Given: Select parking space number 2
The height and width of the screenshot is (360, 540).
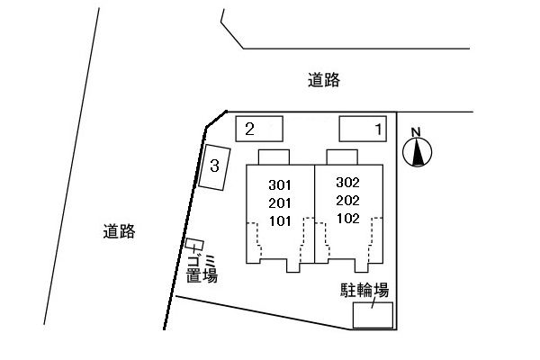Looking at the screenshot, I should click(x=259, y=129).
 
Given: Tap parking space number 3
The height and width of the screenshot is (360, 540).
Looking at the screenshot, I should click(x=214, y=166).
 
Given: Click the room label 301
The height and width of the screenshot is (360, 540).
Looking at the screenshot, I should click(x=281, y=184).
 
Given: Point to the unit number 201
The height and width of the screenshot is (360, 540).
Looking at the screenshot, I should click(x=281, y=202).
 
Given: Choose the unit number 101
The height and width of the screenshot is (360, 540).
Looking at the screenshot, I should click(x=281, y=219).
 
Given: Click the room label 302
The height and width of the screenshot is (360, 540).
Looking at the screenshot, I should click(x=347, y=183).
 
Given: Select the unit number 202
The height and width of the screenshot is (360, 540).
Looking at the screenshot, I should click(x=347, y=200).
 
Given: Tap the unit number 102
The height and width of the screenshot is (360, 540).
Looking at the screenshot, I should click(x=347, y=217).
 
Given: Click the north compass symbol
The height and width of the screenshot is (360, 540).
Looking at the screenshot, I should click(x=418, y=154).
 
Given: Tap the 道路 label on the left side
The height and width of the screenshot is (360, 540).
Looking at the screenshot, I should click(x=118, y=231).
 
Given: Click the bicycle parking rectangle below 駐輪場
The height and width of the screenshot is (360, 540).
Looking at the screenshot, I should click(x=373, y=315).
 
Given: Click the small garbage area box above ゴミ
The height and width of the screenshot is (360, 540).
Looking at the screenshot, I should click(x=194, y=245).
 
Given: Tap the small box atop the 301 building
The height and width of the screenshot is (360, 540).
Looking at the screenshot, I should click(x=274, y=157).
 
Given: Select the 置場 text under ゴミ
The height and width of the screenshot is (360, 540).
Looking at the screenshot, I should click(x=202, y=276).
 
